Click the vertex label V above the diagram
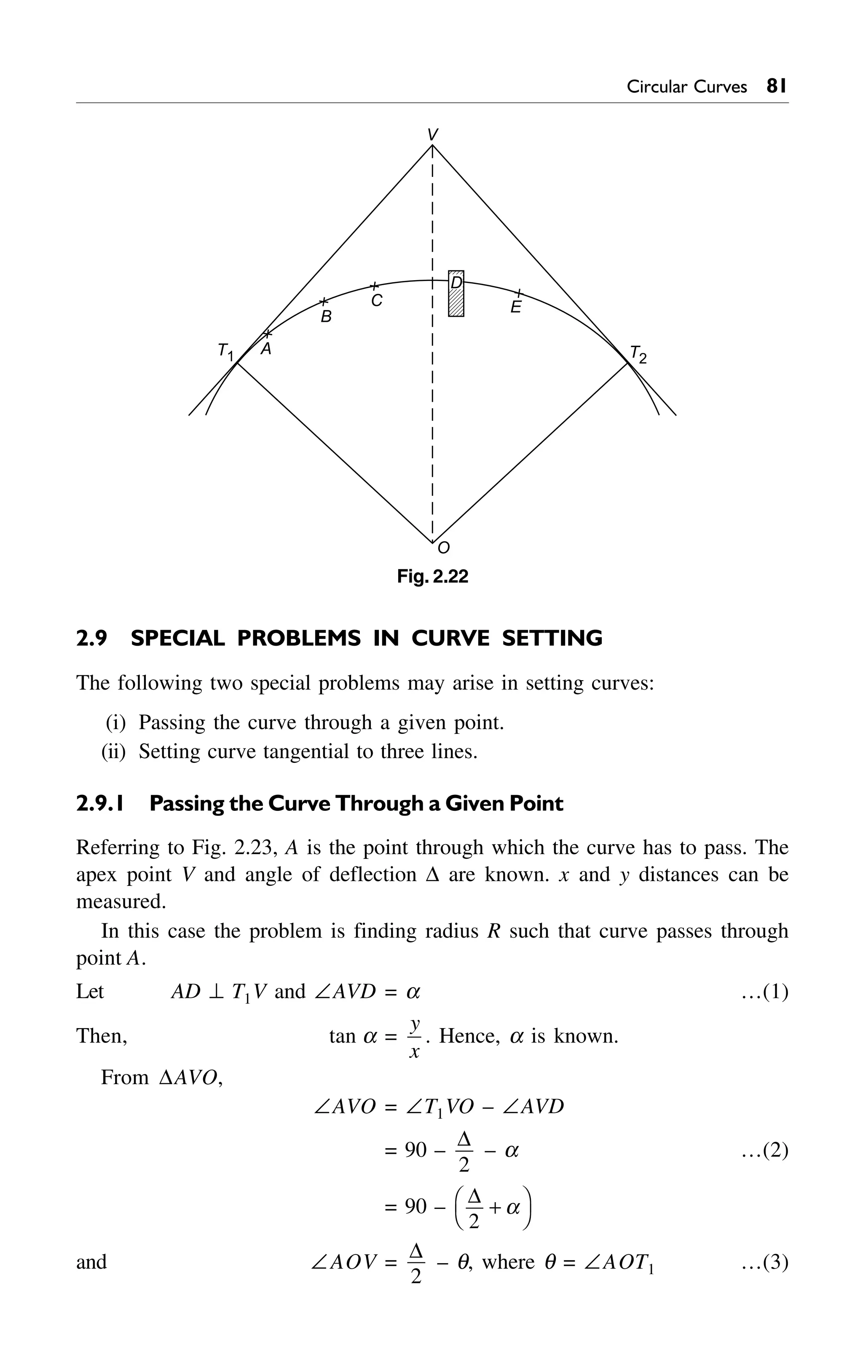click(x=432, y=134)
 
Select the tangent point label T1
click(x=225, y=352)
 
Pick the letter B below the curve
click(x=326, y=317)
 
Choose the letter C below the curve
click(x=377, y=301)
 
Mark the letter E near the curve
click(x=516, y=307)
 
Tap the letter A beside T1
click(x=266, y=349)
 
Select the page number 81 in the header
click(x=776, y=86)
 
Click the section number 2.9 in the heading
click(x=91, y=639)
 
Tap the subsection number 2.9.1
click(x=99, y=803)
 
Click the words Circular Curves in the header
click(x=686, y=87)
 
